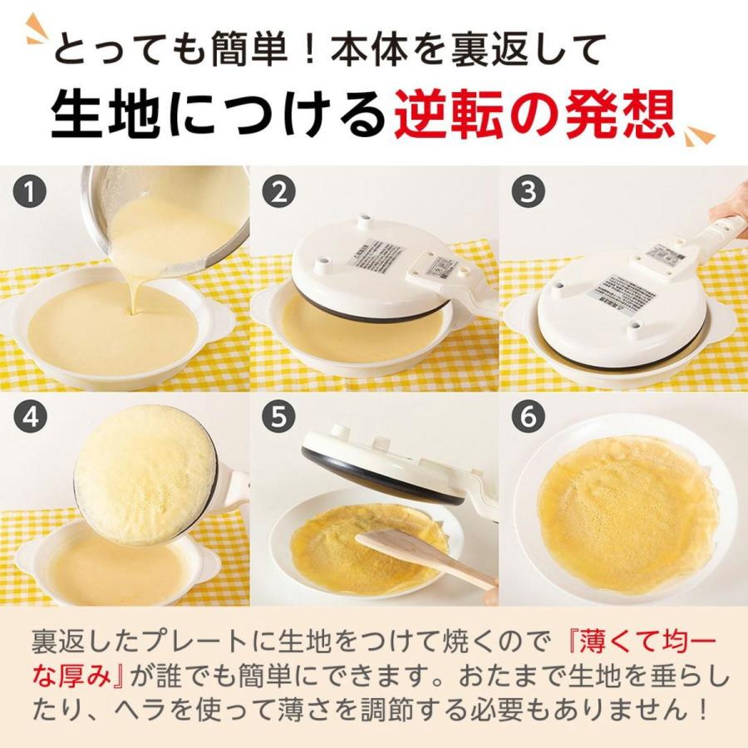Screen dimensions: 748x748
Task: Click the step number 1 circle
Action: (x=30, y=194)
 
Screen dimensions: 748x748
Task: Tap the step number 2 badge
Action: (x=279, y=194)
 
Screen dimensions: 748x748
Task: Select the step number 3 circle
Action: (x=527, y=194)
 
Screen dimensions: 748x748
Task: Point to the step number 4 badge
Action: (x=30, y=418)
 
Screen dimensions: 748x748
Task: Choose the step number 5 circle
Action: (x=279, y=418)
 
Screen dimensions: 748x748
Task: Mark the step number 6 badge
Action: (x=527, y=418)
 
